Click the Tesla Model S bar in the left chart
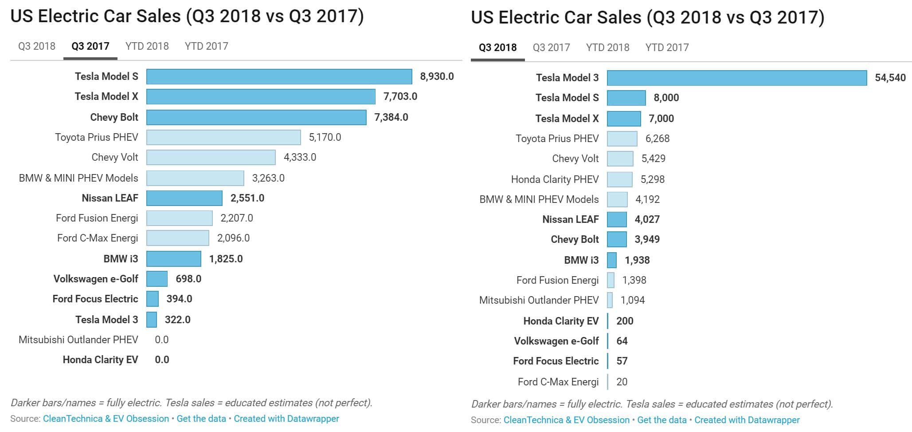[279, 76]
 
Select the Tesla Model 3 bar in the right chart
[736, 78]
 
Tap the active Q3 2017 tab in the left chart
[90, 46]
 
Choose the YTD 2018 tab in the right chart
[607, 48]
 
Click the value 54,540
[890, 78]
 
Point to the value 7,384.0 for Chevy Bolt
[391, 117]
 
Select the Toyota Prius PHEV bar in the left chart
[223, 137]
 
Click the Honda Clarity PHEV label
[555, 179]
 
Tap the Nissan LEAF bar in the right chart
[617, 219]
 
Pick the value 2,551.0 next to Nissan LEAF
[247, 198]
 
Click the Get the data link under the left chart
[201, 419]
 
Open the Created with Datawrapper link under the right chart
[747, 420]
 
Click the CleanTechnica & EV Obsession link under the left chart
[106, 419]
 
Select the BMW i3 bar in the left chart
[173, 259]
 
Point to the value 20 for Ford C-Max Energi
[622, 382]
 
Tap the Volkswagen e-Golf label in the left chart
[96, 279]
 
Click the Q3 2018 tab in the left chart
[37, 46]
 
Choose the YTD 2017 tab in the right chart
[667, 48]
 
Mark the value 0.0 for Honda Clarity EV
[162, 360]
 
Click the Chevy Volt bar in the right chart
[620, 159]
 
